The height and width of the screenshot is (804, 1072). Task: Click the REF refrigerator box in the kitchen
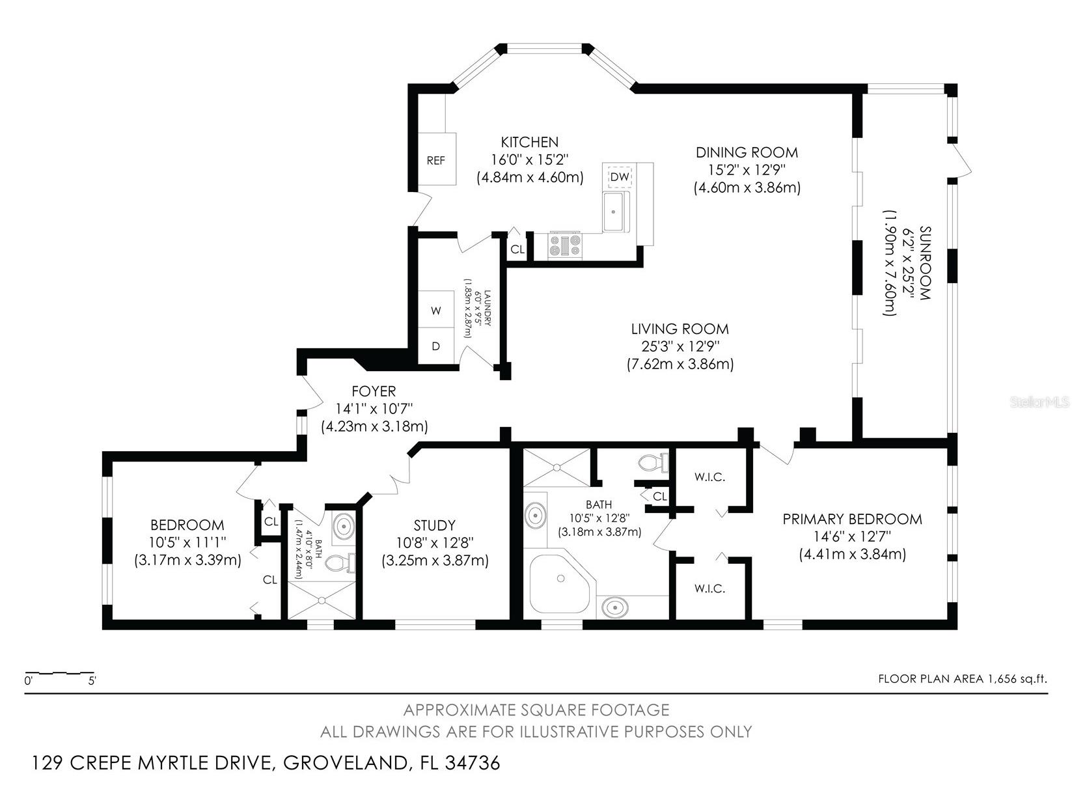coord(437,159)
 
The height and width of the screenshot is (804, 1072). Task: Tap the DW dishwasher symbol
coord(620,176)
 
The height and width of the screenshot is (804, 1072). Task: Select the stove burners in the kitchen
coord(565,245)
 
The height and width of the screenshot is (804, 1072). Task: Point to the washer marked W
coord(436,310)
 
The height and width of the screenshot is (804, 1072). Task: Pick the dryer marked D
coord(436,346)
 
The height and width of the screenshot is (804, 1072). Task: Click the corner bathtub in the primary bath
coord(562,583)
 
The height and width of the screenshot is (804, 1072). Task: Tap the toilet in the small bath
coord(340,563)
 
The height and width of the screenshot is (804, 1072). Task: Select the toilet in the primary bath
coord(653,463)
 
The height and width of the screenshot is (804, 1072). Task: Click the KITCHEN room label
coord(529,142)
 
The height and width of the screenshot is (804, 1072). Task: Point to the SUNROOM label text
coord(925,263)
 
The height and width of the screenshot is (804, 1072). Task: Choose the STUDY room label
coord(435,525)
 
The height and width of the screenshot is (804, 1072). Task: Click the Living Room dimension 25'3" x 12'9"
coord(680,346)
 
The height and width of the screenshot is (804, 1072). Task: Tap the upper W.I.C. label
coord(709,477)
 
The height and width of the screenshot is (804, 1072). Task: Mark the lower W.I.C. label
coord(709,589)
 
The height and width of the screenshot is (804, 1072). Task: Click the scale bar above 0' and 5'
coord(60,673)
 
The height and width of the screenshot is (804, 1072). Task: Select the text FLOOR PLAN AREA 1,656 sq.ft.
coord(963,678)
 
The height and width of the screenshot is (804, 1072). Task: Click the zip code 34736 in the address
coord(473,762)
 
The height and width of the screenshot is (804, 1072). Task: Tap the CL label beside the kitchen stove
coord(517,249)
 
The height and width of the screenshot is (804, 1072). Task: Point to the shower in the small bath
coord(322,600)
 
